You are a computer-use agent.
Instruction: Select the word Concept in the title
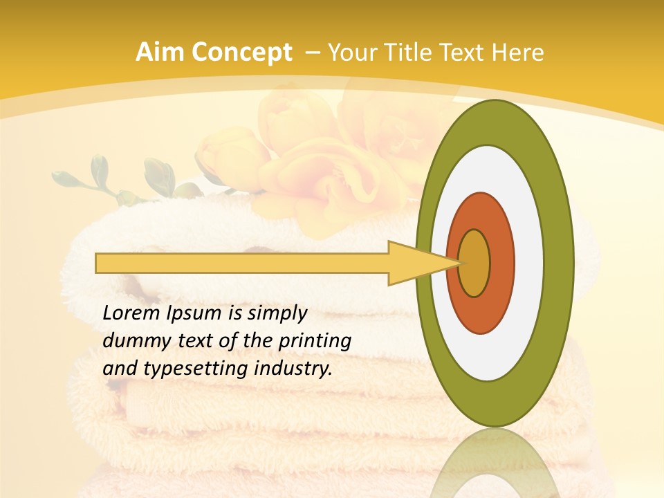pos(242,53)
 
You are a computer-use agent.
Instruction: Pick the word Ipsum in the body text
pos(195,314)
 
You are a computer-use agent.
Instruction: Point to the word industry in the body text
pos(294,369)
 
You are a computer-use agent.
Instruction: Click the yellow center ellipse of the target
pos(474,264)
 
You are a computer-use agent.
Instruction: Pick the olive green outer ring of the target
pos(560,264)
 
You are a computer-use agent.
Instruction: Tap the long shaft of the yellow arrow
pos(242,264)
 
